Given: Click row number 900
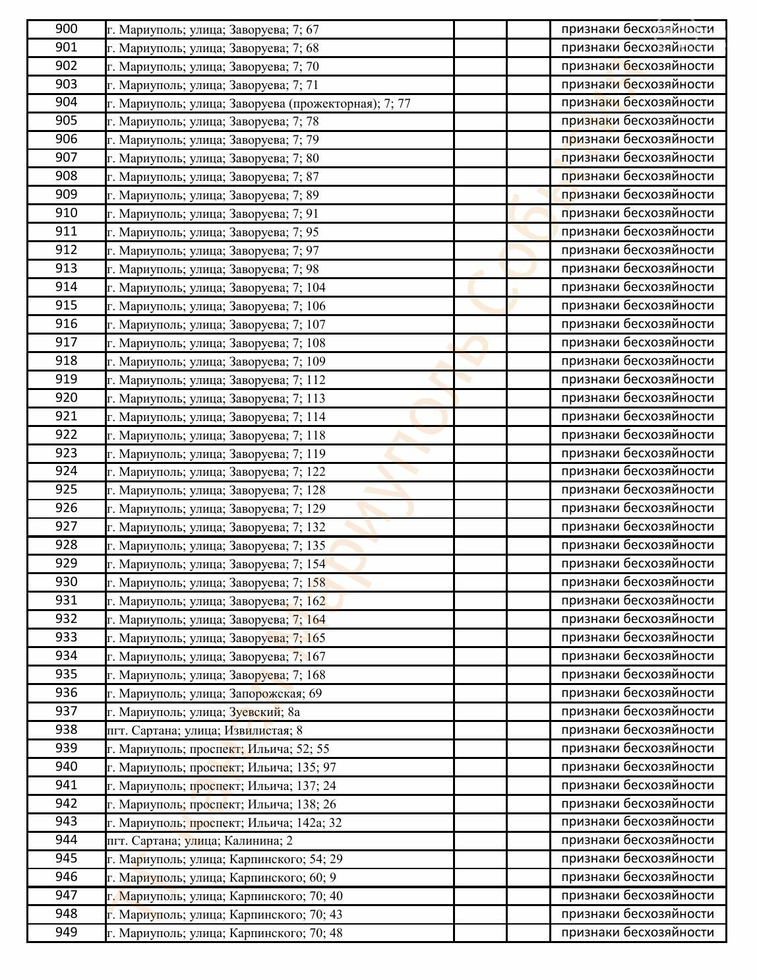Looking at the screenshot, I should pyautogui.click(x=66, y=29).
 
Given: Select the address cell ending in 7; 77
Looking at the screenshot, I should pyautogui.click(x=258, y=103).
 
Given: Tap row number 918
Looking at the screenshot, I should pyautogui.click(x=66, y=361).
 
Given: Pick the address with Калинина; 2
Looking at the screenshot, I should pyautogui.click(x=199, y=841).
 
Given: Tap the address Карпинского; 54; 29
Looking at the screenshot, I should pyautogui.click(x=225, y=859).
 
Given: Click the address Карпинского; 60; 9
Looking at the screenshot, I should pyautogui.click(x=222, y=878).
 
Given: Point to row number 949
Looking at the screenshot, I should pyautogui.click(x=66, y=932).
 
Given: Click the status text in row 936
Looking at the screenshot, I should pyautogui.click(x=637, y=693).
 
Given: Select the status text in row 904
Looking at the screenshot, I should pyautogui.click(x=637, y=102).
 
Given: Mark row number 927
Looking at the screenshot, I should pyautogui.click(x=66, y=527).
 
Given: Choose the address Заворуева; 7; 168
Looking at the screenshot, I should pyautogui.click(x=216, y=675).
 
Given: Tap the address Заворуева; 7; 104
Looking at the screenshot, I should pyautogui.click(x=216, y=288).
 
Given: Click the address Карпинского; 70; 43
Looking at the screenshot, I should pyautogui.click(x=225, y=915).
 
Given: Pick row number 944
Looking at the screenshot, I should pyautogui.click(x=66, y=840).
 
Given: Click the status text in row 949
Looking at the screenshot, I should pyautogui.click(x=637, y=932).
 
